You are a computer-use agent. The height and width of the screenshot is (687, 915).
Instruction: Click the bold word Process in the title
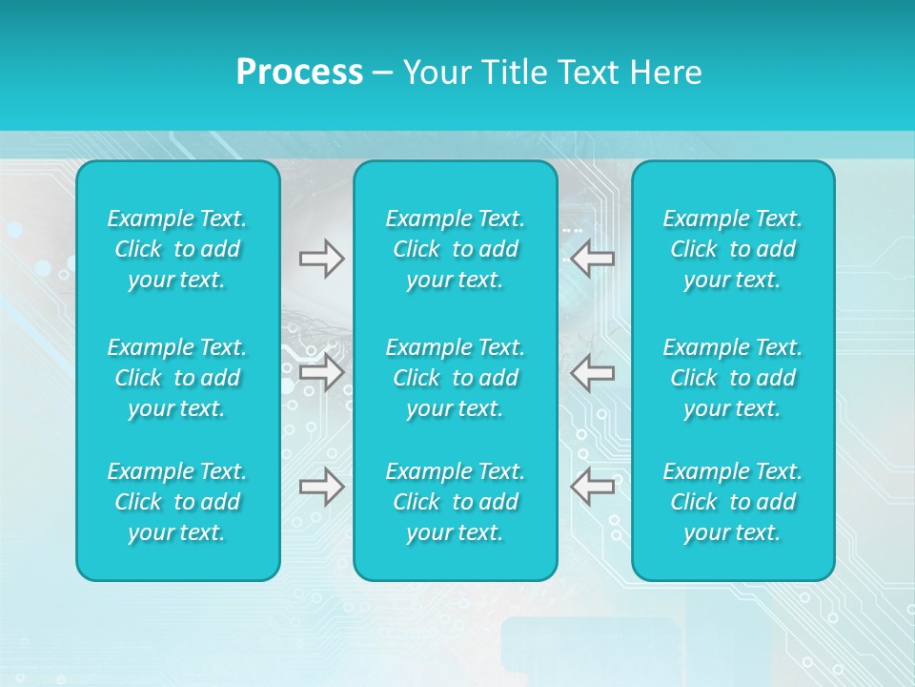[x=299, y=73]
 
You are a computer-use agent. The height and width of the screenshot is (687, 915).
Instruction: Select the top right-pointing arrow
[x=321, y=259]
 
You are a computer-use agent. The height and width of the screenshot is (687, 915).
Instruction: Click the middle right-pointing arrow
[x=321, y=372]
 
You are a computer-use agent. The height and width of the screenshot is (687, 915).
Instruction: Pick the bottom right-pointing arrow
[x=321, y=487]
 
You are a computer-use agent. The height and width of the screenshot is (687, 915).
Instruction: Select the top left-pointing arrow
[x=592, y=259]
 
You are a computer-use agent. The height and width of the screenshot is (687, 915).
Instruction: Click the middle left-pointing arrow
[x=592, y=372]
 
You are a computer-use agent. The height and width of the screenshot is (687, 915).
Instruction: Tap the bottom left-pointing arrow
[x=592, y=487]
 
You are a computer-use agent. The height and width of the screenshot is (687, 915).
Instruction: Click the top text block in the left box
[x=177, y=249]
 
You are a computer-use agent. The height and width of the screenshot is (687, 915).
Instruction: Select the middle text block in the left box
[x=177, y=378]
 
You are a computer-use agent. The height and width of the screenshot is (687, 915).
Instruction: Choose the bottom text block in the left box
[x=177, y=502]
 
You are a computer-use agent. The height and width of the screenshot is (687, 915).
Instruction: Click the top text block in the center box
[x=455, y=249]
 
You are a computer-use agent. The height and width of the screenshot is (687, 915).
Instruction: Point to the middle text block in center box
[x=455, y=378]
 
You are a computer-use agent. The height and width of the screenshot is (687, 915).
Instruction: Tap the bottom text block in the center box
[x=455, y=502]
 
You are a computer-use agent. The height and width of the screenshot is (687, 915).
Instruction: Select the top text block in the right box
[x=732, y=249]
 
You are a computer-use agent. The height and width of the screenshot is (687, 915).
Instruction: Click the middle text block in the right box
[x=732, y=378]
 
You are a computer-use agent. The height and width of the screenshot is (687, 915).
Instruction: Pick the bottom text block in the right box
[x=732, y=502]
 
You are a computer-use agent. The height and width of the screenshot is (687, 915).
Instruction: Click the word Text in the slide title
[x=587, y=73]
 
